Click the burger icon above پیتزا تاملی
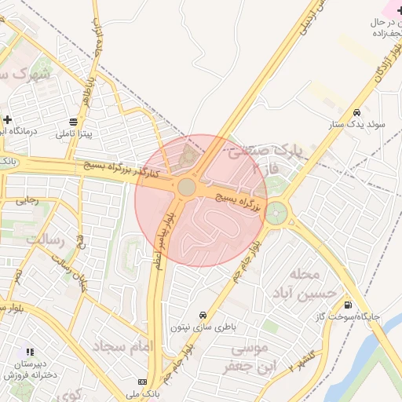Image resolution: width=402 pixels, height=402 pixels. tap(73, 122)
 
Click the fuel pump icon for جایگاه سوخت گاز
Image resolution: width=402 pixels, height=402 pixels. tap(348, 305)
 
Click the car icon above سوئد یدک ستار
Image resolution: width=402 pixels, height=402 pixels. tap(357, 112)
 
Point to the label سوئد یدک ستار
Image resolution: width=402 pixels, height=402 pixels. tap(357, 124)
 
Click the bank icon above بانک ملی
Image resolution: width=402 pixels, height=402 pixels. tap(142, 382)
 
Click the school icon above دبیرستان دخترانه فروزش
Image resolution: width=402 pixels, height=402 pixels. tap(30, 353)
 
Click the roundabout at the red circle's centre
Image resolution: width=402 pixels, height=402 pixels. tap(187, 187)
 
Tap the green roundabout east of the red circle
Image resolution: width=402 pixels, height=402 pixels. tap(276, 212)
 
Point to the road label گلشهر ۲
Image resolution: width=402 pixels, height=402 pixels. tap(301, 359)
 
